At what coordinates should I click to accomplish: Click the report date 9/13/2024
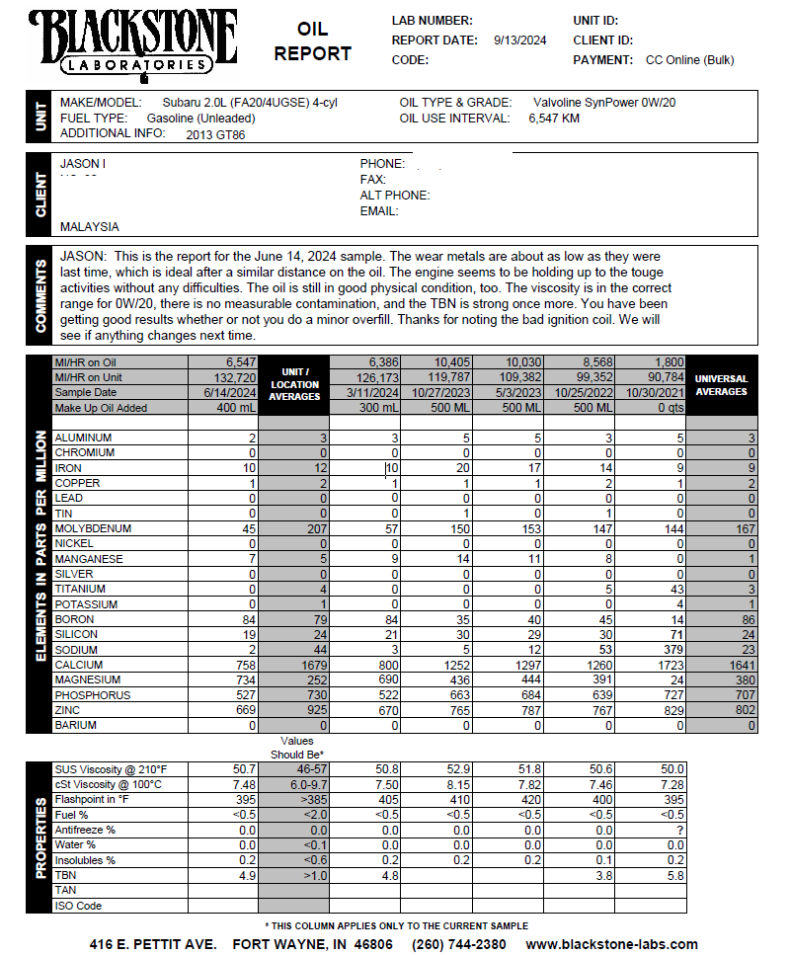(519, 40)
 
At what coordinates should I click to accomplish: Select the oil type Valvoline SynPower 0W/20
(604, 103)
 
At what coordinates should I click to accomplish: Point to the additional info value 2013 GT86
(215, 135)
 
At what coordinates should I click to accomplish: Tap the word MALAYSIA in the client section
(89, 227)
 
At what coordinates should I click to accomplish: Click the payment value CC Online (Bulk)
(689, 60)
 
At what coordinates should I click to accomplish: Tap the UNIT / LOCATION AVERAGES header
(294, 385)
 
